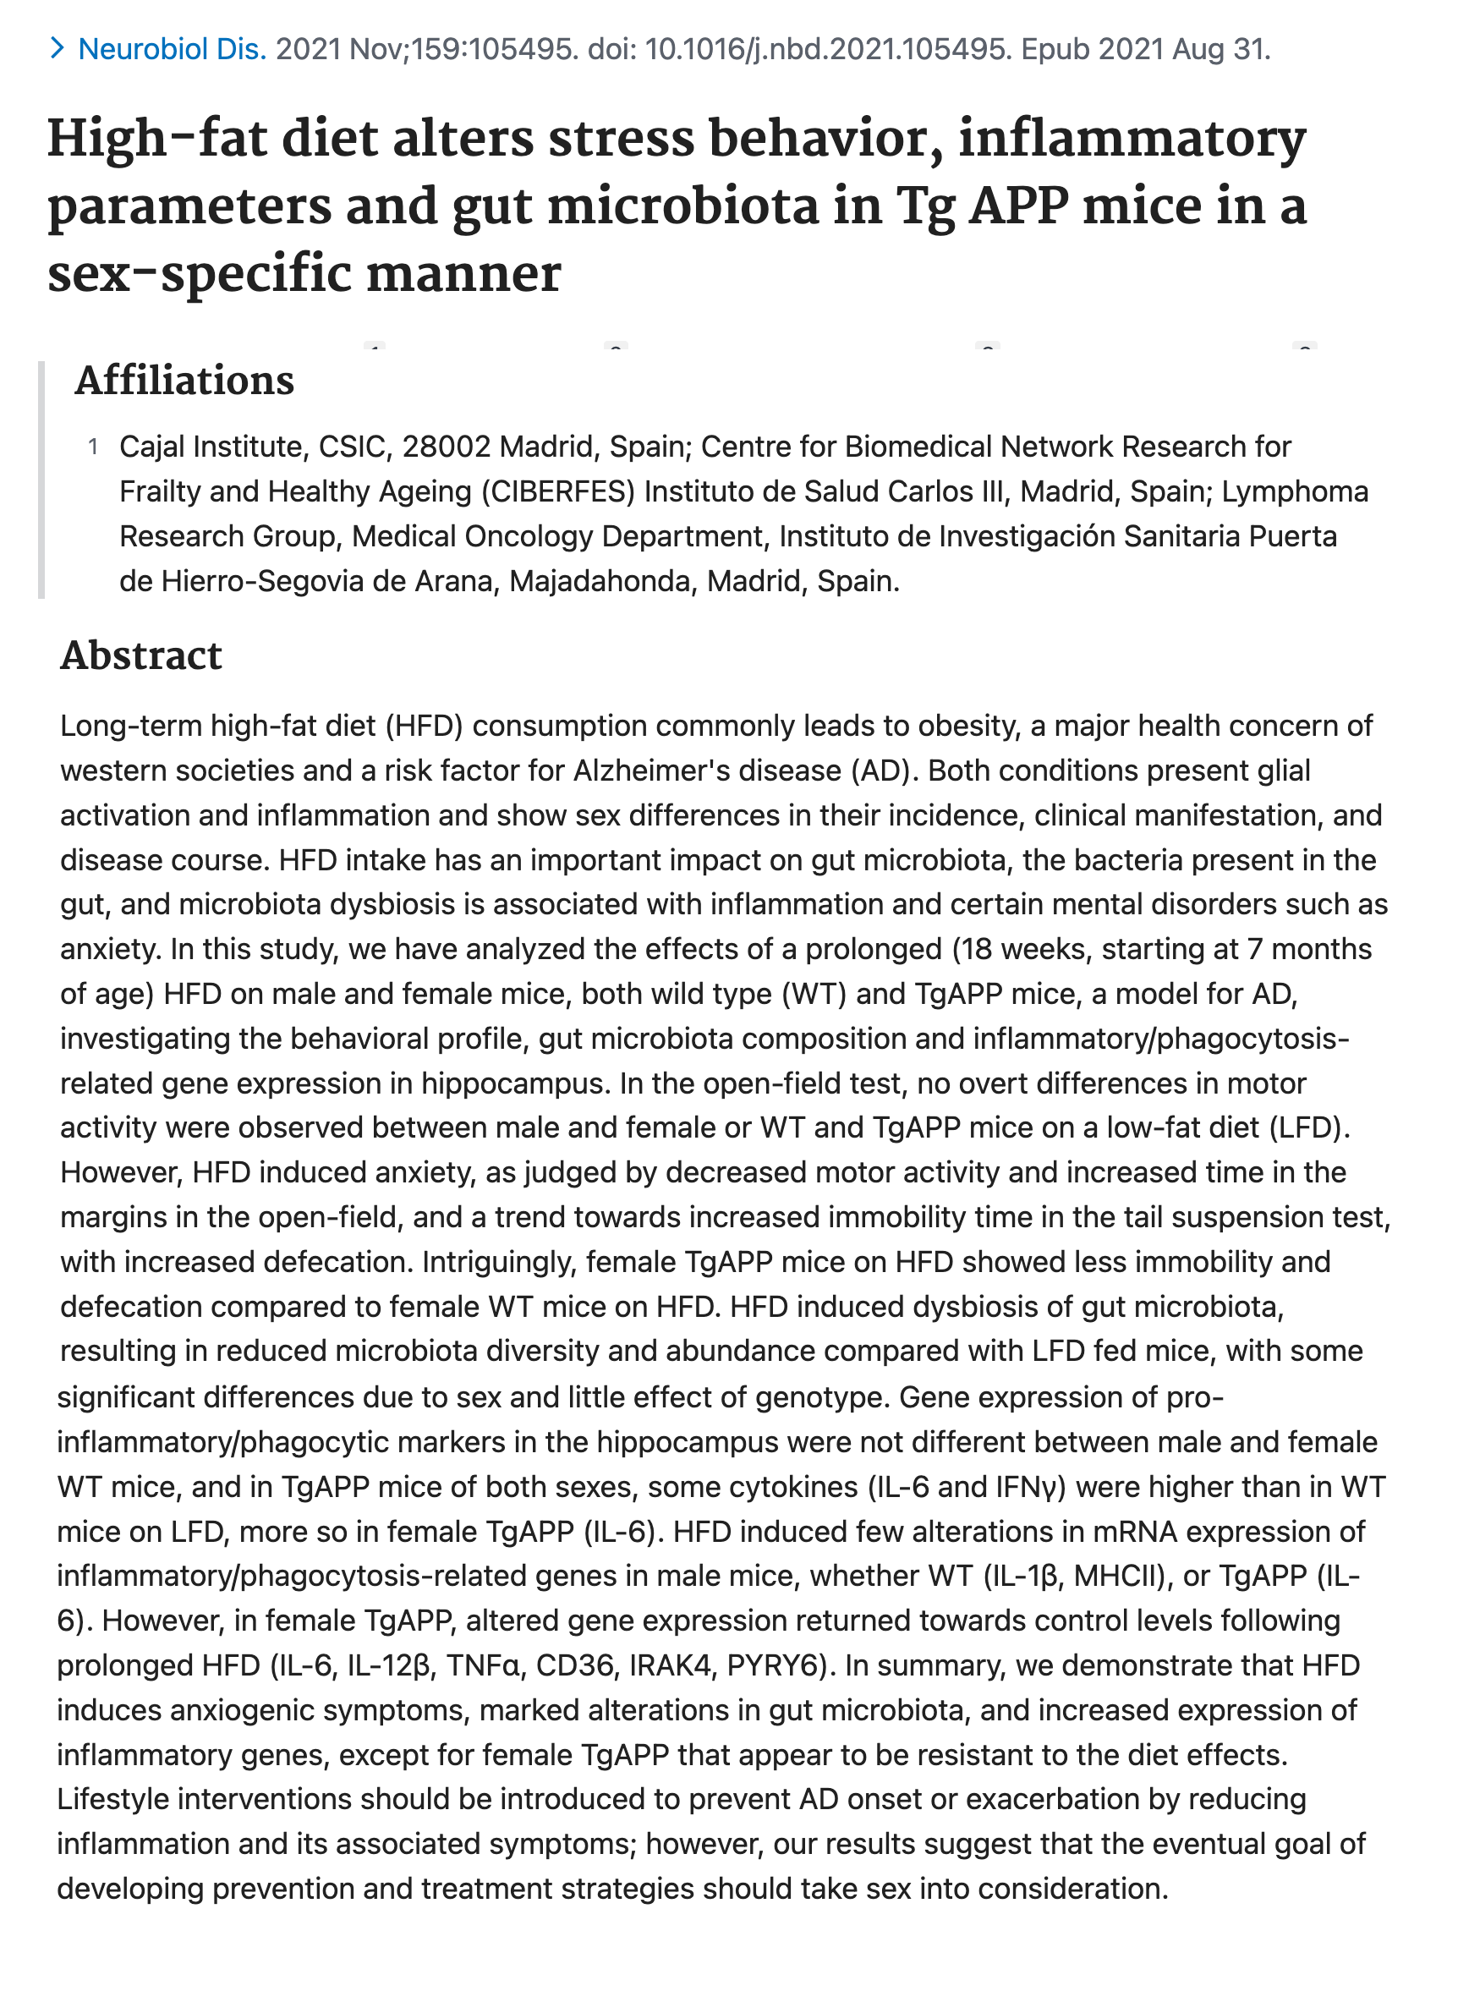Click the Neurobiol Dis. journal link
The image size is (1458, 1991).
(172, 49)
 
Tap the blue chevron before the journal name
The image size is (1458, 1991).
(58, 48)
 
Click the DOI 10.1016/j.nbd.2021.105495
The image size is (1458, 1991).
(827, 49)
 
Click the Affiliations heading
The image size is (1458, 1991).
(184, 381)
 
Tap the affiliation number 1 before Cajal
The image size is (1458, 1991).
(94, 447)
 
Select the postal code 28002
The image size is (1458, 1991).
(446, 447)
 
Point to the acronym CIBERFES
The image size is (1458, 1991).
(558, 491)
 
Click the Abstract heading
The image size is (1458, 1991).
(141, 655)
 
